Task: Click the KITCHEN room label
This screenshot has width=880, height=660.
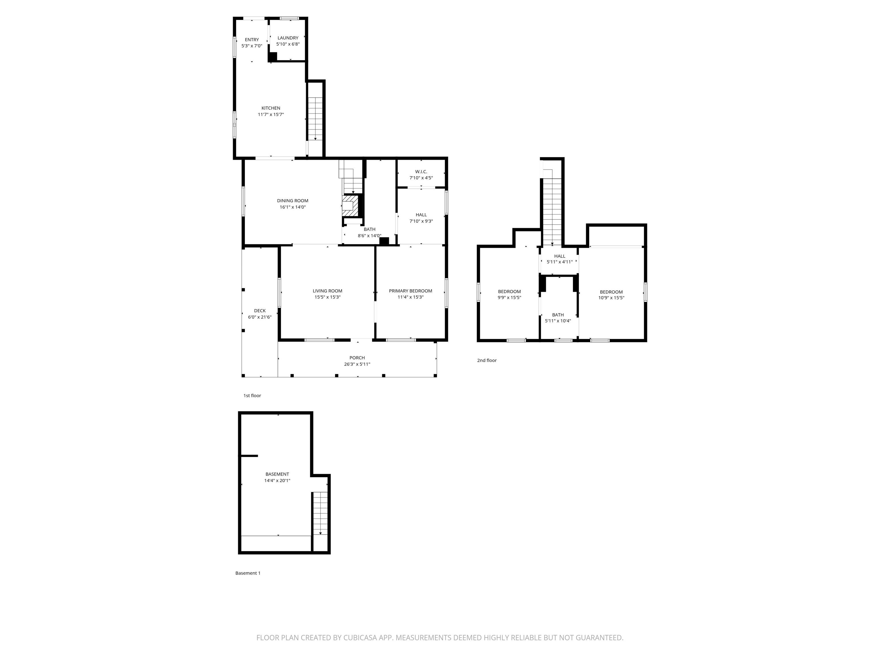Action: (x=270, y=108)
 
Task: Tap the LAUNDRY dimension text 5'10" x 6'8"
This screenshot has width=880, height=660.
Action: (x=288, y=44)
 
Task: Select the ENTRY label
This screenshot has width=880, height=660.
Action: (x=252, y=40)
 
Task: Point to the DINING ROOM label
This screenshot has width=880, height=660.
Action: (x=292, y=201)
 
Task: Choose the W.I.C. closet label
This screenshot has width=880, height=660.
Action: (x=421, y=172)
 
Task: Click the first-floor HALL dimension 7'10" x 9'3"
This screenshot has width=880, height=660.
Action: (x=421, y=221)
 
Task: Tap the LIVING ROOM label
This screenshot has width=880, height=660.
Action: (x=327, y=291)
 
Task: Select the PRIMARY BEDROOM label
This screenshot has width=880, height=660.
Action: (x=410, y=291)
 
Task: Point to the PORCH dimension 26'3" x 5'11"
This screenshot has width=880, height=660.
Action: (x=357, y=364)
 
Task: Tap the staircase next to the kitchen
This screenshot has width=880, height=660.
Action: (x=315, y=117)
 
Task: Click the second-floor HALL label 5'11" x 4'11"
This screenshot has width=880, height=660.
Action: (x=559, y=259)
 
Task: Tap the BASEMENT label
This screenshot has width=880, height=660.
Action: (x=277, y=474)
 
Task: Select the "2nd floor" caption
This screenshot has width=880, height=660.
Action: (x=486, y=360)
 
